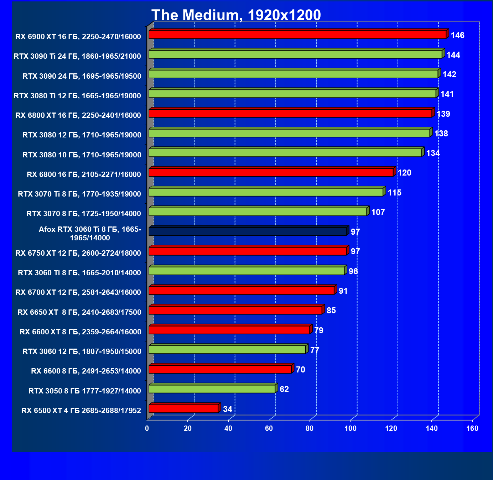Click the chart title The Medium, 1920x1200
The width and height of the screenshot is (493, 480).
click(x=236, y=15)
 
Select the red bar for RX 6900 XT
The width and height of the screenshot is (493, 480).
click(x=297, y=35)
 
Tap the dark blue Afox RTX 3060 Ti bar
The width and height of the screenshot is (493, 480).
click(x=248, y=231)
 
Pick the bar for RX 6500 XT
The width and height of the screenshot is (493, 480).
click(x=183, y=408)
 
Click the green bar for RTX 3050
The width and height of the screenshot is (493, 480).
click(x=212, y=389)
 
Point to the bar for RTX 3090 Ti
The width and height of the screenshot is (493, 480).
click(x=295, y=54)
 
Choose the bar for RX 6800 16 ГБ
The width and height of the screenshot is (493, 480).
click(x=271, y=172)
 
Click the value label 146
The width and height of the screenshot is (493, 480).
click(x=457, y=35)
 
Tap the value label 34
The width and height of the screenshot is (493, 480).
click(x=227, y=409)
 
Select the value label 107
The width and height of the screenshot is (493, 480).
click(x=378, y=212)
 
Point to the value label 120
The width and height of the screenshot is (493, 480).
click(x=404, y=173)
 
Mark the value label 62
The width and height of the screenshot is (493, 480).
click(x=284, y=389)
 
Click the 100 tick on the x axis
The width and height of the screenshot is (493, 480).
click(x=351, y=428)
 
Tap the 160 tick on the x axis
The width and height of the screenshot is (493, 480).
click(x=472, y=428)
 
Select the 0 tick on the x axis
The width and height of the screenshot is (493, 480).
click(x=147, y=428)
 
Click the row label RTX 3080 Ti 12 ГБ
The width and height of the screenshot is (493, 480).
click(x=77, y=95)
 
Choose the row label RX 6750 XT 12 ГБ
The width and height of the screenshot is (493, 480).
click(x=78, y=253)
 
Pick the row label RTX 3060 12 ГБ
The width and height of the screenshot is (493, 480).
click(x=82, y=351)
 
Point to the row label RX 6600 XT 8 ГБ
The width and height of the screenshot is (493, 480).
click(x=81, y=332)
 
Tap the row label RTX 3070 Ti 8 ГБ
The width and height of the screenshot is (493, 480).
click(x=79, y=194)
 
